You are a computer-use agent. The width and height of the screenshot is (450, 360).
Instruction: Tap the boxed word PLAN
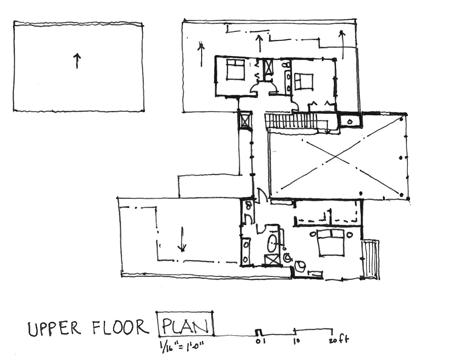(x=185, y=325)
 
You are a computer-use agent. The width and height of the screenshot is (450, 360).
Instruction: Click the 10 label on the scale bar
(x=296, y=341)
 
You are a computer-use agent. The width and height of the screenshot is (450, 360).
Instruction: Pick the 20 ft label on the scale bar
(x=339, y=340)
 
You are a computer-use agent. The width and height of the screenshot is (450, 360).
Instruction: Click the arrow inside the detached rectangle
(x=77, y=61)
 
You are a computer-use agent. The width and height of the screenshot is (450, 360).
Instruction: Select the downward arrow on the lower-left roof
(x=182, y=239)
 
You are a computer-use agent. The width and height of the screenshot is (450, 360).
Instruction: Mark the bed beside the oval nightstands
(x=331, y=243)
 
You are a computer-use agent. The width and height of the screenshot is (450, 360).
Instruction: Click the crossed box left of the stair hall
(x=245, y=121)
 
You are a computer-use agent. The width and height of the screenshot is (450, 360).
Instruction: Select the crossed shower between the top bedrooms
(x=268, y=67)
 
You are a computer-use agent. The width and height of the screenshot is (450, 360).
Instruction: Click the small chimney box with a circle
(x=349, y=121)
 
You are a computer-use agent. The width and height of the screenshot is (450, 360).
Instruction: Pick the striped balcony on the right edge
(x=371, y=259)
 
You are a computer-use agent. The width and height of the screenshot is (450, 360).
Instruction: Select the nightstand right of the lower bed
(x=349, y=234)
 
